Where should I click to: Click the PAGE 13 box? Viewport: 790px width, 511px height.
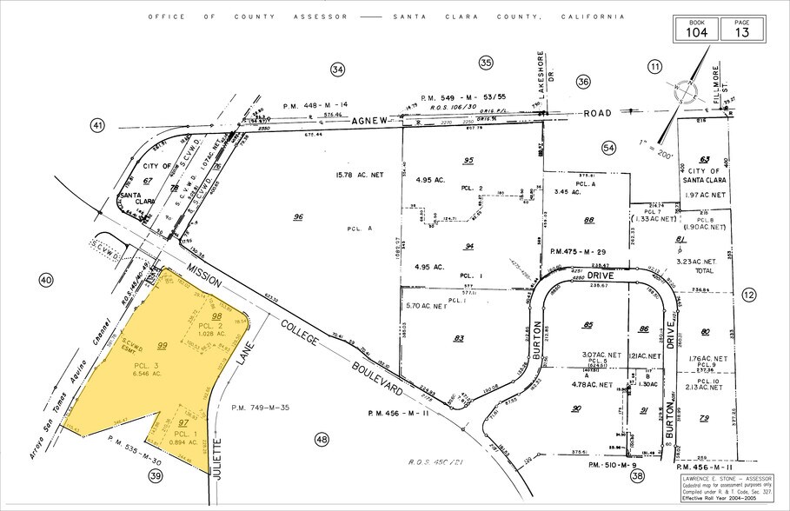coord(740,27)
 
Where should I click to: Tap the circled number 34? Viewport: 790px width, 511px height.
coord(338,69)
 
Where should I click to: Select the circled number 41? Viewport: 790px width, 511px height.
coord(97,126)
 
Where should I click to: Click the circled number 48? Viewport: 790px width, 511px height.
coord(323,439)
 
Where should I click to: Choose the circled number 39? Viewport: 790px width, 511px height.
coord(156,475)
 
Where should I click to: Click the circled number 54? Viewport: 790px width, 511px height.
coord(608,149)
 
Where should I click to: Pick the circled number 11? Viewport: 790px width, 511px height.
coord(654,66)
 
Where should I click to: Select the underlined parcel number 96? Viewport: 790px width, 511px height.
coord(299,217)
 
